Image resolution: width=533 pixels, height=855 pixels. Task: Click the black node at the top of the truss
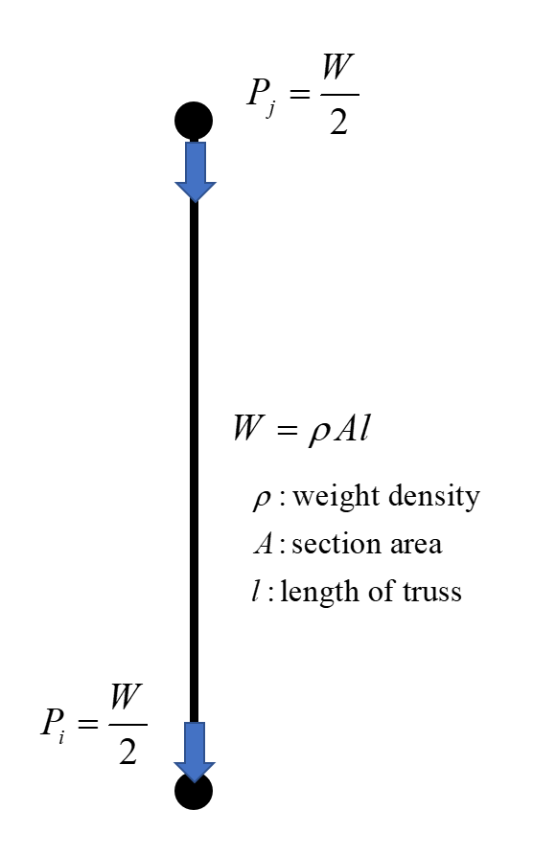click(194, 121)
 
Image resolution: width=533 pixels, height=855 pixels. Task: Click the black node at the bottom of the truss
click(194, 791)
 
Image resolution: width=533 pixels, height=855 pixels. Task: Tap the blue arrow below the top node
click(195, 171)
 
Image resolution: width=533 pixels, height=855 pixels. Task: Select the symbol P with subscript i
click(54, 724)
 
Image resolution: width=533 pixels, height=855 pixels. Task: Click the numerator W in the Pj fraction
click(338, 68)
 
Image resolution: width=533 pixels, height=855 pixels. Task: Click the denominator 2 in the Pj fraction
click(338, 121)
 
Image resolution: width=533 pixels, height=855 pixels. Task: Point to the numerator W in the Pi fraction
click(127, 697)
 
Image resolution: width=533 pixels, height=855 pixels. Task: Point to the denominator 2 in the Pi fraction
click(127, 752)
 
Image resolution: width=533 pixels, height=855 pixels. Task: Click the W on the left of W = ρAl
click(248, 427)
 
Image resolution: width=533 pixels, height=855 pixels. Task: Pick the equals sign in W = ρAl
click(288, 430)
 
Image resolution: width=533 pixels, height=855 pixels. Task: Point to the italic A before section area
click(264, 544)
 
